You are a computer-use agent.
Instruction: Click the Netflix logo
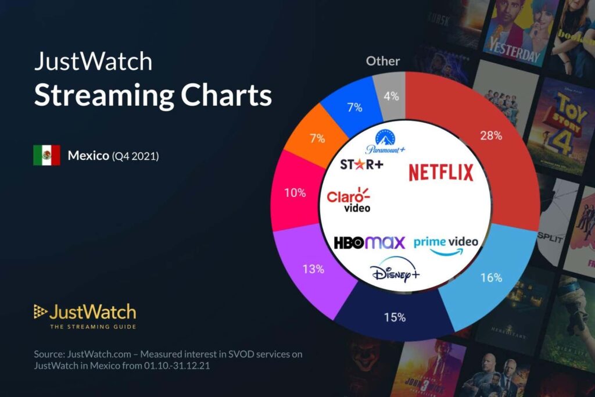click(440, 172)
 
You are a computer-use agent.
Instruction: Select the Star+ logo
click(361, 164)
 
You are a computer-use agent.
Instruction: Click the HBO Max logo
click(369, 242)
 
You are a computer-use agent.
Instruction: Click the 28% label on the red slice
click(492, 136)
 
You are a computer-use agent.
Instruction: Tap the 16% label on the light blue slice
click(491, 278)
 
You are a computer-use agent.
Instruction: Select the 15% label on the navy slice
click(395, 317)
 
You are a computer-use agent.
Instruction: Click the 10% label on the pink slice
click(295, 193)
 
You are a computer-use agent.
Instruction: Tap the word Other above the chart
click(383, 61)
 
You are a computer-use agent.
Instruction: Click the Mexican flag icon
click(46, 156)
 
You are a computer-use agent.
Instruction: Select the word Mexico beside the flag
click(88, 156)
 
